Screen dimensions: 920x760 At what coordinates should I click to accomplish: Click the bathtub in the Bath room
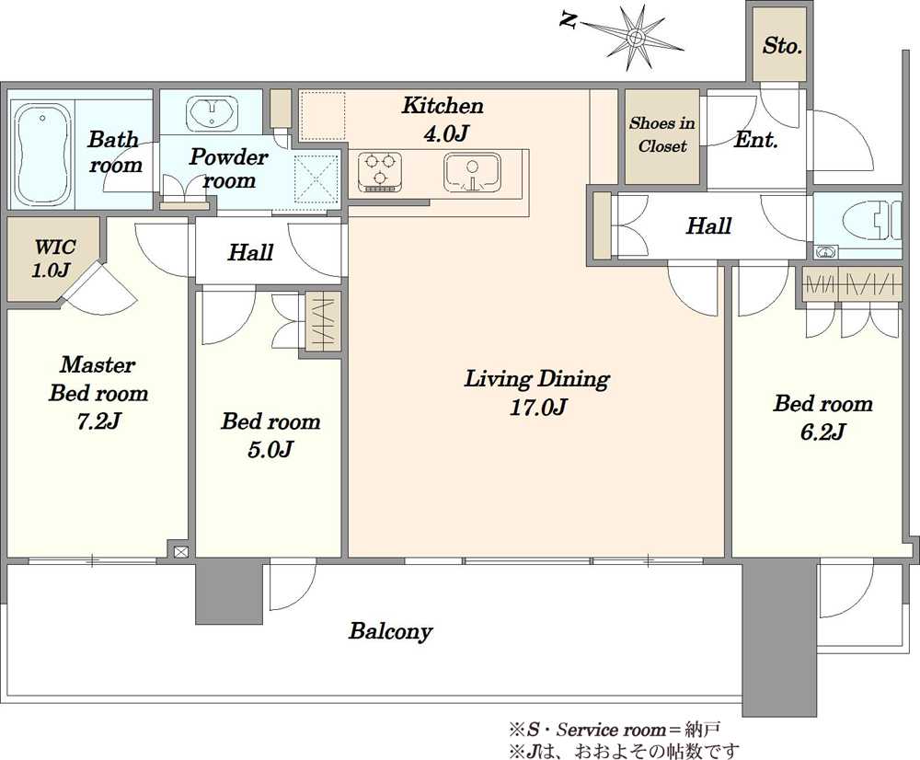point(42,155)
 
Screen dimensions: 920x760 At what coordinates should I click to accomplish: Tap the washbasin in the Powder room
point(212,111)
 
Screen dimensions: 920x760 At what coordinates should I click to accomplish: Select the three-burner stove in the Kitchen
point(380,171)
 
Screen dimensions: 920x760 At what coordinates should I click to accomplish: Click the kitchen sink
point(472,172)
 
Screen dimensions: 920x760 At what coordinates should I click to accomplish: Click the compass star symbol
point(634,39)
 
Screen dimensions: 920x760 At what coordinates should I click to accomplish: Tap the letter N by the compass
point(568,20)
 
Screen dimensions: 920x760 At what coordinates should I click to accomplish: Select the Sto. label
point(782,45)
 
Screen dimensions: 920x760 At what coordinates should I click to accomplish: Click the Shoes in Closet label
point(662,134)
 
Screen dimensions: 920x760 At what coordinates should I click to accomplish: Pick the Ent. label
point(755,140)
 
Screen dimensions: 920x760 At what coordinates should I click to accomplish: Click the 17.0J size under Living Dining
point(537,407)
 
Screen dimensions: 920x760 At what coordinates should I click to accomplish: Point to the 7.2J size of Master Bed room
point(98,420)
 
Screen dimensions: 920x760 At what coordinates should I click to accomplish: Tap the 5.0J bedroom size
point(270,450)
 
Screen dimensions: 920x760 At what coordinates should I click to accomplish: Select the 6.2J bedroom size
point(822,432)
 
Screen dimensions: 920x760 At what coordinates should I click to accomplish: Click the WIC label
point(54,247)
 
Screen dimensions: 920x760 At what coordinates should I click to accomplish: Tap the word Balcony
point(390,631)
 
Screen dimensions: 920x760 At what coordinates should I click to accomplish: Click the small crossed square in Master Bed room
point(180,552)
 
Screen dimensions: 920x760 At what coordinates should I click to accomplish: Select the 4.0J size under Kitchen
point(445,134)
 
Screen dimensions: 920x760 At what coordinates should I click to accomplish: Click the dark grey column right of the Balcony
point(780,638)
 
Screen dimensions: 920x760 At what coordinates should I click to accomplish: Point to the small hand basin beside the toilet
point(826,253)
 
